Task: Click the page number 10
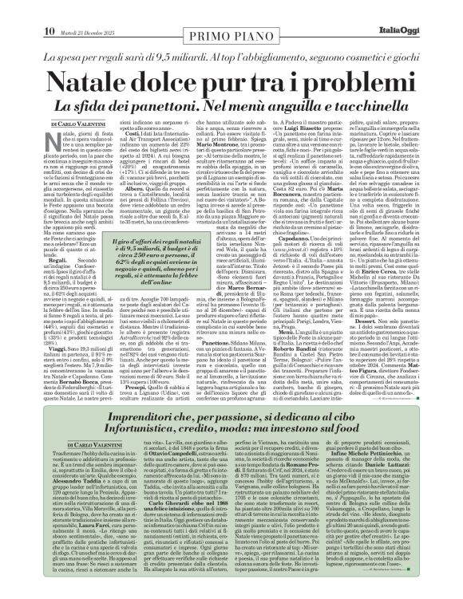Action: [x=17, y=8]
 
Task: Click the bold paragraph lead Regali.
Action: [x=34, y=237]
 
